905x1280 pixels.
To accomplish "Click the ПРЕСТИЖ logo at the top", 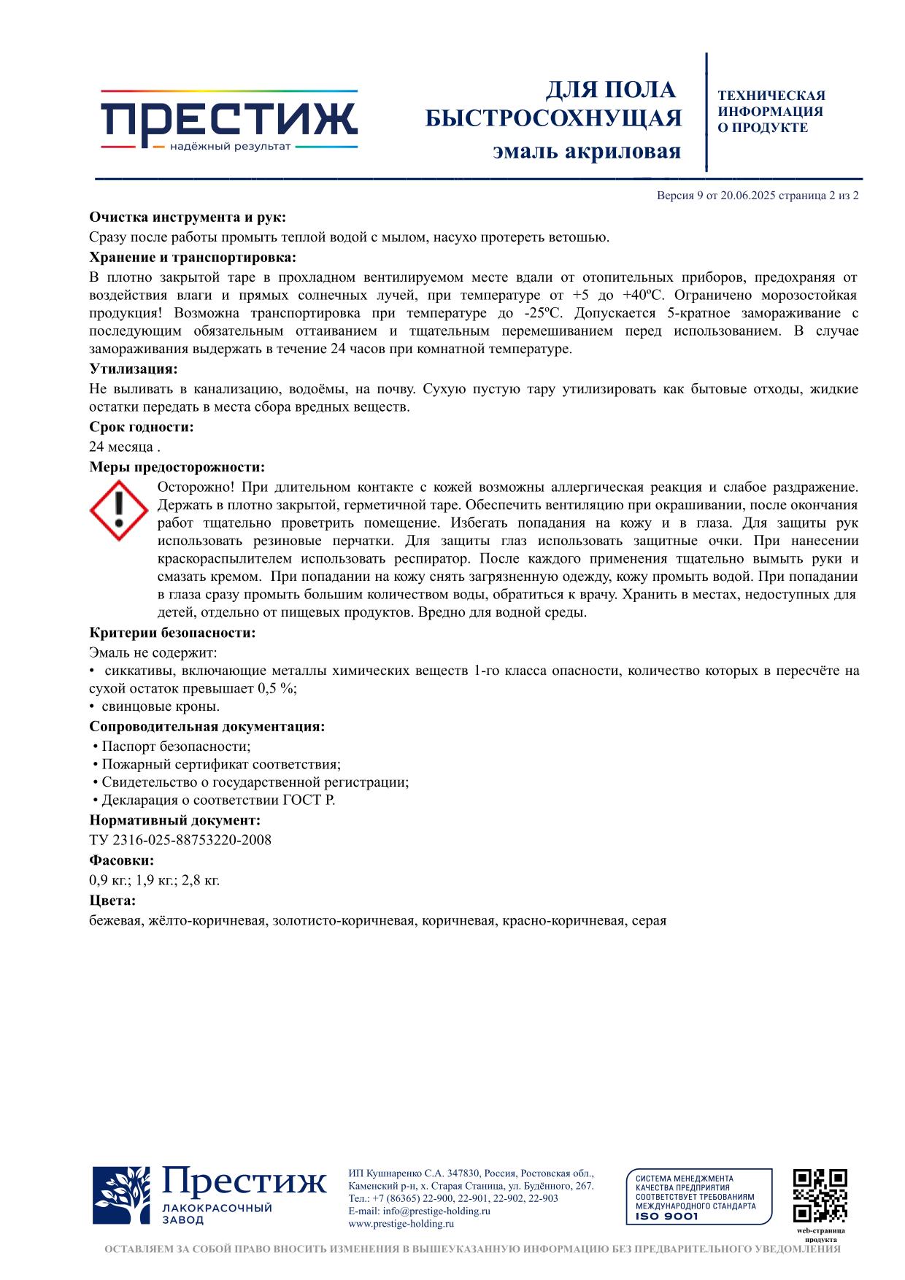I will point(228,120).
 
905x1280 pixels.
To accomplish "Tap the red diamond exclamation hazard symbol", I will point(119,510).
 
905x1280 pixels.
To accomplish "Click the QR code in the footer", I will point(820,1195).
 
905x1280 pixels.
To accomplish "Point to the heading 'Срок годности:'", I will point(142,427).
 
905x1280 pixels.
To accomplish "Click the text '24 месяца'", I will point(121,447).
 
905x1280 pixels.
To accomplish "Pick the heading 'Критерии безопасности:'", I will point(172,633).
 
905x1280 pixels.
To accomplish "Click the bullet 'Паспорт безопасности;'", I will point(176,747).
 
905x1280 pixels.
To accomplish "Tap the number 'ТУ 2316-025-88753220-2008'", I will point(180,840).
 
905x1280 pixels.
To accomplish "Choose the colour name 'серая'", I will point(649,921).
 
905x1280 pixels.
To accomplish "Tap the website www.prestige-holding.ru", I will point(401,1224).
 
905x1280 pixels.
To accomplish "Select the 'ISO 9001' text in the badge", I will point(667,1217).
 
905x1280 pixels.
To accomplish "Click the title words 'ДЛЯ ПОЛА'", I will point(611,90).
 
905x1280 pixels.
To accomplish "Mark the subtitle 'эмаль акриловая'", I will point(586,151).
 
